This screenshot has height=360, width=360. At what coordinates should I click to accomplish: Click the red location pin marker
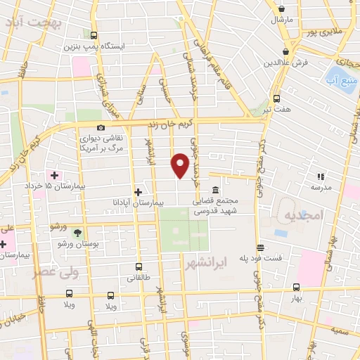coord(181,165)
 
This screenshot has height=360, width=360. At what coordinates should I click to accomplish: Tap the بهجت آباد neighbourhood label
coord(34,22)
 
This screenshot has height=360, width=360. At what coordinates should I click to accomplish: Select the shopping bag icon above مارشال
coord(282,7)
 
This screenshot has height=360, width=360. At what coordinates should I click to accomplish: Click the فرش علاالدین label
coord(288,63)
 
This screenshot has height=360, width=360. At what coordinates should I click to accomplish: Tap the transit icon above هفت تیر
coord(276,98)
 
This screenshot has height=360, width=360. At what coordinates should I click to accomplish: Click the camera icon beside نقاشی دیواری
coord(101,127)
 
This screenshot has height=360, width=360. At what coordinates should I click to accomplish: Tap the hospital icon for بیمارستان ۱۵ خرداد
coord(54,174)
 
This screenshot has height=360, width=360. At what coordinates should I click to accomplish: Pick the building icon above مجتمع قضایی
coord(214,190)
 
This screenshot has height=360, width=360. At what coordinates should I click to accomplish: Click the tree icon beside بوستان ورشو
coord(77,233)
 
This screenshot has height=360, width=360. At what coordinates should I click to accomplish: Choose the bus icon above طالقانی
coord(139,266)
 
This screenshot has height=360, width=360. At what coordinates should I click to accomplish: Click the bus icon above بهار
coord(296,286)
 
